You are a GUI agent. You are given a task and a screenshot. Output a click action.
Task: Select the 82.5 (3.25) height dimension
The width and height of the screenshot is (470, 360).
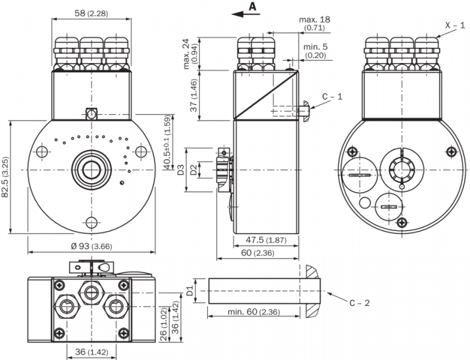[x=5, y=177]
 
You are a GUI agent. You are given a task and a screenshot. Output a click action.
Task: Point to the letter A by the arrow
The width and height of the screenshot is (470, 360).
[x=252, y=6]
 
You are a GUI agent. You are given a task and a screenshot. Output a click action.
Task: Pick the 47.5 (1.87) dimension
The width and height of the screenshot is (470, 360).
[x=266, y=240]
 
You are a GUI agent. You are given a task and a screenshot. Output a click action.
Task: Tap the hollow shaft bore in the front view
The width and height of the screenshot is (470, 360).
[x=91, y=170]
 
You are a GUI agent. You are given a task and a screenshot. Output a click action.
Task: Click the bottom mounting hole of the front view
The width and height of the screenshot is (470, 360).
[x=91, y=223]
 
